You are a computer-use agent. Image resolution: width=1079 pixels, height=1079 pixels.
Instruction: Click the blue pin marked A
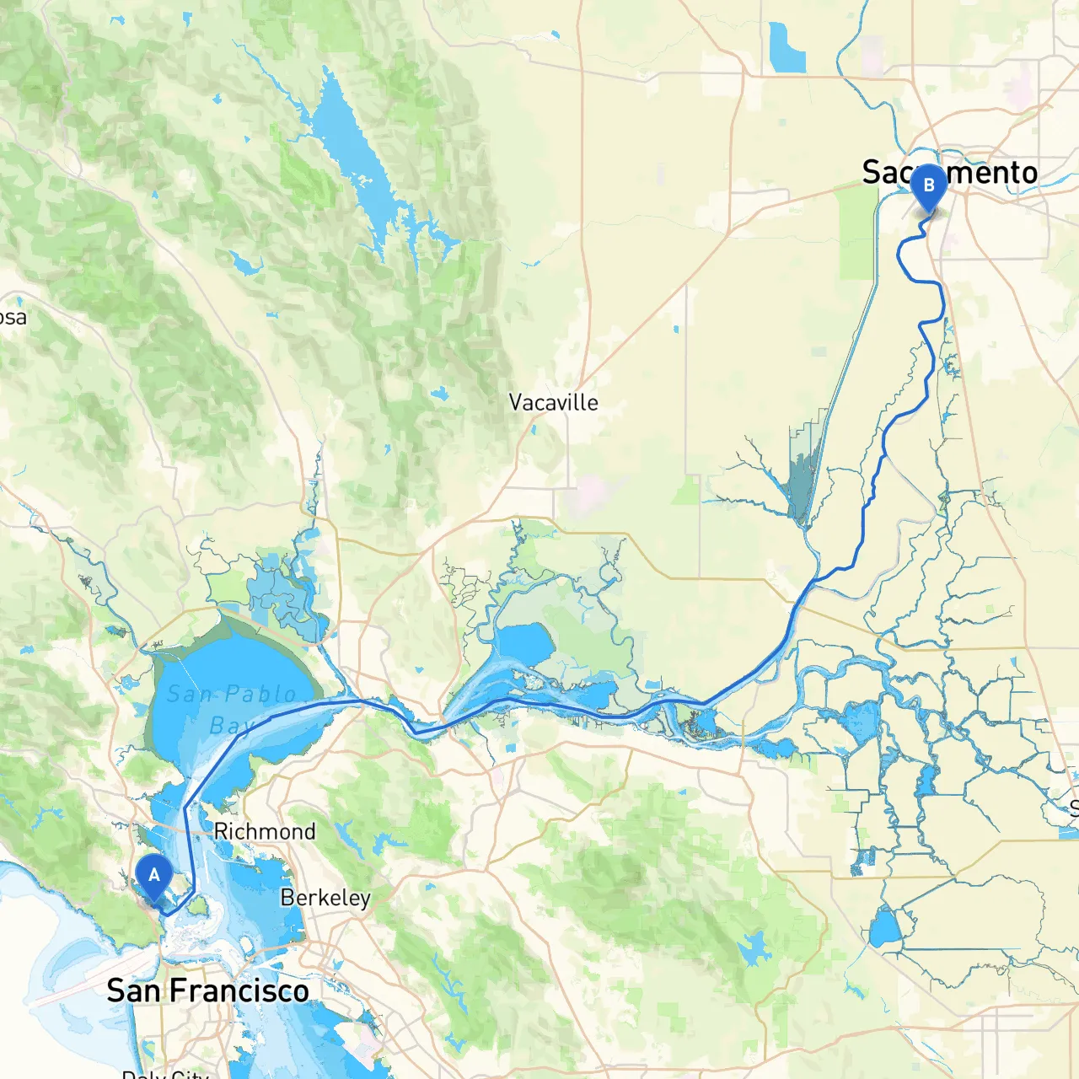[153, 878]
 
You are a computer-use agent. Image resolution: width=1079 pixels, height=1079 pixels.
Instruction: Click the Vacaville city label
[553, 402]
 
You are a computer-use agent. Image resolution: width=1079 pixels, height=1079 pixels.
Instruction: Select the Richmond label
[265, 831]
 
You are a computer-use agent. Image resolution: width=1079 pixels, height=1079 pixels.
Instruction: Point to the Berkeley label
[325, 898]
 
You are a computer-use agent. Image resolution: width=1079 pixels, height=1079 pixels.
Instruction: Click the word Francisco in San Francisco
[239, 991]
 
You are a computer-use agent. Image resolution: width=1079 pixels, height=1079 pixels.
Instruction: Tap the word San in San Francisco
[134, 991]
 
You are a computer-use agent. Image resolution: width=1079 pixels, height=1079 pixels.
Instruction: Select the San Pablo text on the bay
[232, 695]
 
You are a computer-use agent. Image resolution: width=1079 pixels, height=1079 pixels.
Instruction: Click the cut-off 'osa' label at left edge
[13, 318]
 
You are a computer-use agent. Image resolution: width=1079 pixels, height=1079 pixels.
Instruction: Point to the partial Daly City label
[165, 1074]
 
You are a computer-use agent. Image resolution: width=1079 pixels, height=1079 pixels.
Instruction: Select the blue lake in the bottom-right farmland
[885, 928]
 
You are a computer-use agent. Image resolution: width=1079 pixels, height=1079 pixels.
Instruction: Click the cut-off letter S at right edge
[1074, 808]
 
